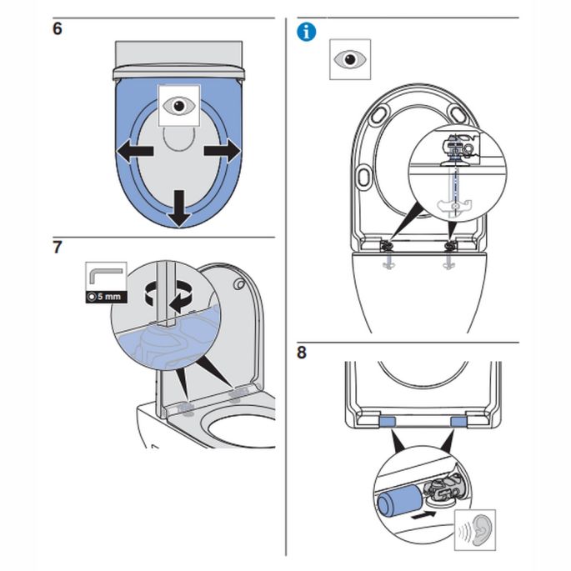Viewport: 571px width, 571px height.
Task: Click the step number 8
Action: pyautogui.click(x=302, y=352)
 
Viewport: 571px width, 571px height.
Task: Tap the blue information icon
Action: pyautogui.click(x=308, y=32)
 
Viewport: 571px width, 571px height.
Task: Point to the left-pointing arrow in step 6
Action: pyautogui.click(x=133, y=152)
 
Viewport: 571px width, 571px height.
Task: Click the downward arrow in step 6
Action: pyautogui.click(x=177, y=208)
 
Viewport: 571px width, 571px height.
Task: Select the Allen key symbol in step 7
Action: pyautogui.click(x=106, y=276)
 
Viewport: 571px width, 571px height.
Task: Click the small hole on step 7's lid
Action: pyautogui.click(x=239, y=285)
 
